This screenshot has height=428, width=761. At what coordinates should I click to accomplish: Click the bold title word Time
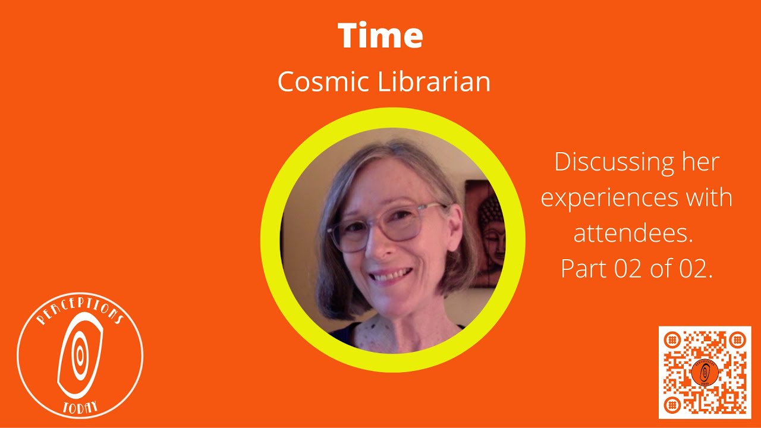click(x=380, y=36)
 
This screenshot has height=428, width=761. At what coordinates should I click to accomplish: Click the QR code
click(x=705, y=372)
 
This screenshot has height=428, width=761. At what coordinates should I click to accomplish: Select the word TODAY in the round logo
click(x=80, y=407)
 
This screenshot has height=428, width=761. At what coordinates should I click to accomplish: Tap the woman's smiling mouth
click(x=391, y=275)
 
